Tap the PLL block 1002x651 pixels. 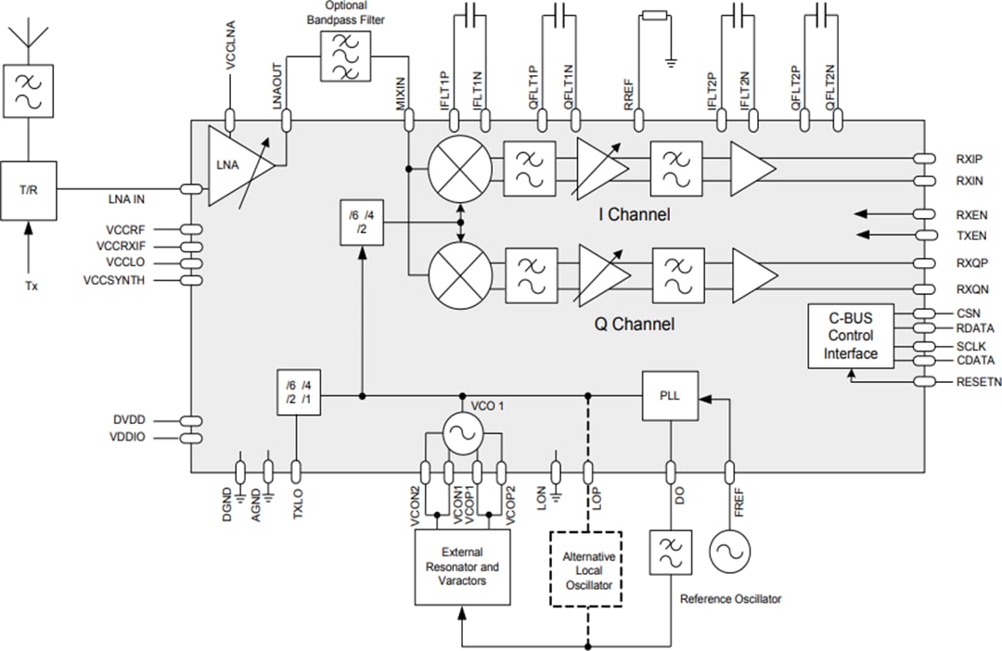[669, 395]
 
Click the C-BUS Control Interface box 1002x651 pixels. [851, 336]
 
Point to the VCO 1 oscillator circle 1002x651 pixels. [461, 431]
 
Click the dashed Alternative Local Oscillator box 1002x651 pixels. [587, 568]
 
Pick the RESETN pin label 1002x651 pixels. [978, 381]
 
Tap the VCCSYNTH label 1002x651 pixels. [113, 280]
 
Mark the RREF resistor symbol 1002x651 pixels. [655, 15]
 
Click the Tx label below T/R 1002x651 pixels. [32, 286]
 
